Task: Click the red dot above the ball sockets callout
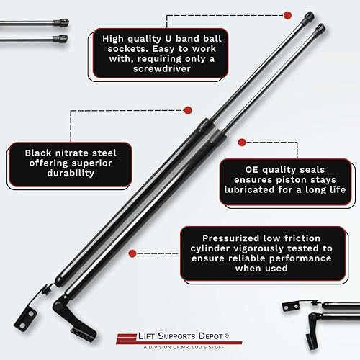[287, 14]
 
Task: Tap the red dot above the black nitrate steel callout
[189, 110]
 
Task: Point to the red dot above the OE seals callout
[242, 143]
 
